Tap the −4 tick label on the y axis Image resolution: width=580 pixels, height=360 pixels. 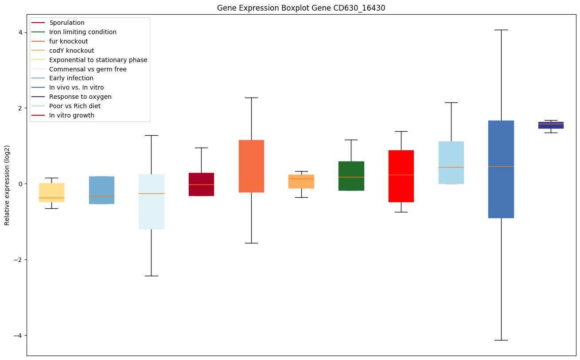pyautogui.click(x=19, y=335)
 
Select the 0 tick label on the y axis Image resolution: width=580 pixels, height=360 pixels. pyautogui.click(x=21, y=184)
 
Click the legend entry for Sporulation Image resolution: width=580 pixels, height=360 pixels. pyautogui.click(x=67, y=23)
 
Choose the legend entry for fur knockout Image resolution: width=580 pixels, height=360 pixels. pyautogui.click(x=69, y=41)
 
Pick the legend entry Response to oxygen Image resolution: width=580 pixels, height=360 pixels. pyautogui.click(x=80, y=97)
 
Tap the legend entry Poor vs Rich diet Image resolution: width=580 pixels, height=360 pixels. pyautogui.click(x=75, y=106)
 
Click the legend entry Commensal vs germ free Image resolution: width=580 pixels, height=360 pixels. pyautogui.click(x=88, y=69)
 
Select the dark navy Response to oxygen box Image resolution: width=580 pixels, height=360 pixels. pyautogui.click(x=551, y=125)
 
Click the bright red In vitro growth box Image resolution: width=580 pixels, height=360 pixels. pyautogui.click(x=401, y=176)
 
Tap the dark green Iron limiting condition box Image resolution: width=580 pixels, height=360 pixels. pyautogui.click(x=351, y=176)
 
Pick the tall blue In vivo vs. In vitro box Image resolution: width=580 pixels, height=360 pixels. pyautogui.click(x=501, y=169)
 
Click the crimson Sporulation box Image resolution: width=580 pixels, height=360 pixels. pyautogui.click(x=201, y=184)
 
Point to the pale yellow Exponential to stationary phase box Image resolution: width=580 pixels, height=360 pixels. pyautogui.click(x=51, y=192)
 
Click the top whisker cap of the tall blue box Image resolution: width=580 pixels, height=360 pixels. pyautogui.click(x=501, y=30)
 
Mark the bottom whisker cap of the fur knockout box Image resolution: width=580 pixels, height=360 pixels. pyautogui.click(x=251, y=243)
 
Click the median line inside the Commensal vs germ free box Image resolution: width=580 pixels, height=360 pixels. pyautogui.click(x=152, y=193)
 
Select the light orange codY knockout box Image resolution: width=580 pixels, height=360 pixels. pyautogui.click(x=301, y=181)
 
